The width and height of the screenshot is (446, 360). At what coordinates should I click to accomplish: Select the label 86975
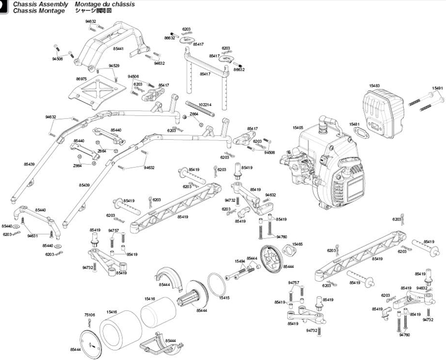(x=81, y=79)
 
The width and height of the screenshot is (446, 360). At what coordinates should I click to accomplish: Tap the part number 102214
(x=205, y=105)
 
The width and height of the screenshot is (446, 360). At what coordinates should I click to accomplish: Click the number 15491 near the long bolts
(x=437, y=88)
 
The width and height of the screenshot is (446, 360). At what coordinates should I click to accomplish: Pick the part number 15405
(x=298, y=127)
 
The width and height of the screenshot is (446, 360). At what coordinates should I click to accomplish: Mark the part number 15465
(x=297, y=244)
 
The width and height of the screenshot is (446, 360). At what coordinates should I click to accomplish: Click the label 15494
(x=240, y=261)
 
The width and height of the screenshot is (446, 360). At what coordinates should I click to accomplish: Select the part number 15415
(x=224, y=298)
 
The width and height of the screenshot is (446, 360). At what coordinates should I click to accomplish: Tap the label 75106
(x=89, y=315)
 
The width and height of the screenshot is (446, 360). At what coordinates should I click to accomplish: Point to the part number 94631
(x=33, y=236)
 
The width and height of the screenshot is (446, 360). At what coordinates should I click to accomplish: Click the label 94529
(x=114, y=66)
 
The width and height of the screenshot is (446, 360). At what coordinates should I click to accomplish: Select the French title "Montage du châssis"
(x=105, y=4)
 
